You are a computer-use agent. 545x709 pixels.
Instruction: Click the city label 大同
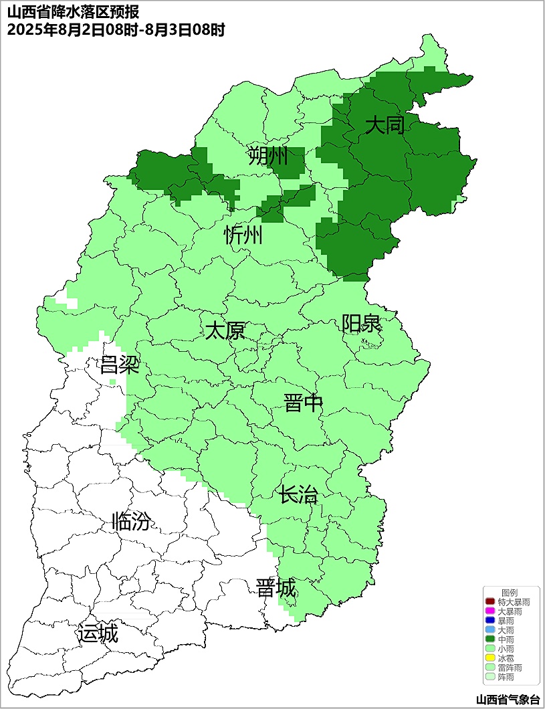(x=385, y=125)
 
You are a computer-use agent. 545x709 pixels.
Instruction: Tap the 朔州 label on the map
(x=267, y=157)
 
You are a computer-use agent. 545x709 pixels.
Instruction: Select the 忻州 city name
(x=243, y=235)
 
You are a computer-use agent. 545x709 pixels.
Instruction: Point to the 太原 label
(x=225, y=331)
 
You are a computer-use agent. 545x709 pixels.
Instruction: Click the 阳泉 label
(x=362, y=323)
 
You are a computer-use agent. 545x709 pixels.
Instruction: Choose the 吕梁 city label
(x=119, y=365)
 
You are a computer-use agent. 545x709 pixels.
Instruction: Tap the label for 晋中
(x=304, y=403)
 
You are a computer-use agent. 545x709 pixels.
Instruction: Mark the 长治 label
(x=298, y=496)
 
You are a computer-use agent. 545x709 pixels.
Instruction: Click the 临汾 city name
(x=131, y=521)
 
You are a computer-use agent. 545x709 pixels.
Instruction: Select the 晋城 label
(x=276, y=589)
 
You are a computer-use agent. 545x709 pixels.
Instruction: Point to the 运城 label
(x=98, y=633)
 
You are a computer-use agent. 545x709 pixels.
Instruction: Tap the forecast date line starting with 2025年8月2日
(x=116, y=29)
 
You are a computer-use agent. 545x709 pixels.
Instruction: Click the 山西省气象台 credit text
(x=508, y=700)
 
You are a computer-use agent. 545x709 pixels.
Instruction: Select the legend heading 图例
(x=510, y=593)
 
